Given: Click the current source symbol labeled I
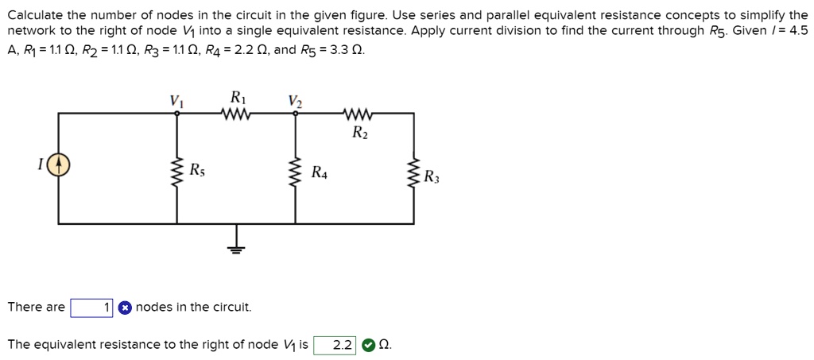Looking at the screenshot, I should pyautogui.click(x=58, y=165).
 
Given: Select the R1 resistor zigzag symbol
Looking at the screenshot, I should pyautogui.click(x=237, y=113).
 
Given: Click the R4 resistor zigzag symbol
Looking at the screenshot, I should pyautogui.click(x=296, y=171).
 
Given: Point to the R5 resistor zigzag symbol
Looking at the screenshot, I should pyautogui.click(x=176, y=171).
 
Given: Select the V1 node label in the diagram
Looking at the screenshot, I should pyautogui.click(x=176, y=100).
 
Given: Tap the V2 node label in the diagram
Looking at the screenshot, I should pyautogui.click(x=295, y=100).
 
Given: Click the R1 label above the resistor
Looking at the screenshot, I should pyautogui.click(x=237, y=98).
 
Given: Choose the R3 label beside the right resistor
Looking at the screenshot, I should pyautogui.click(x=430, y=176).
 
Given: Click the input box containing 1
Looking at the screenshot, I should pyautogui.click(x=91, y=308).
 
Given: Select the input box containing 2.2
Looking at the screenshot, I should pyautogui.click(x=335, y=345).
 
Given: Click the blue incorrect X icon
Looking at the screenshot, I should pyautogui.click(x=124, y=308).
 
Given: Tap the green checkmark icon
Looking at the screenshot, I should pyautogui.click(x=367, y=345).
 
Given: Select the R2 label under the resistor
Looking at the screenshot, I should pyautogui.click(x=359, y=132).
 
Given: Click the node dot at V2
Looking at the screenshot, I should pyautogui.click(x=296, y=113).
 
